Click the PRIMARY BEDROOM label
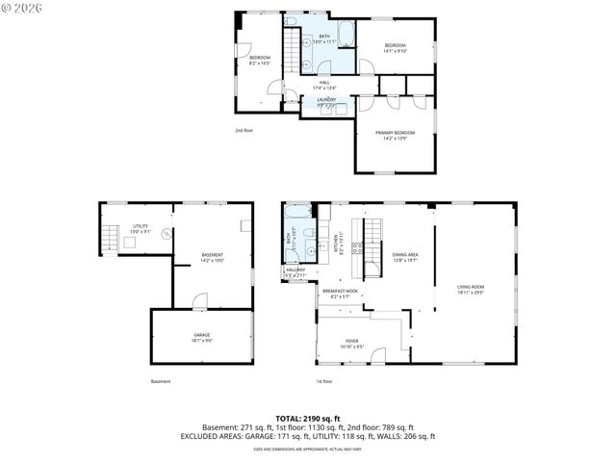coord(396,135)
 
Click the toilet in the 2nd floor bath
coord(290,20)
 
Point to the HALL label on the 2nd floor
coord(324,85)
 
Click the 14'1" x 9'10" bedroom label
coord(396,48)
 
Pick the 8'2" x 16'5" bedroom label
coord(260,61)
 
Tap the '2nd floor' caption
coord(244,130)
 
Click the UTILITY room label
coord(141,228)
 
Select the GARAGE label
coord(201,337)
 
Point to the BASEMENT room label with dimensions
coord(212,257)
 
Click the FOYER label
coord(352,344)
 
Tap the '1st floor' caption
coord(324,381)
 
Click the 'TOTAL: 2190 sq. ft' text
coord(307,419)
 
